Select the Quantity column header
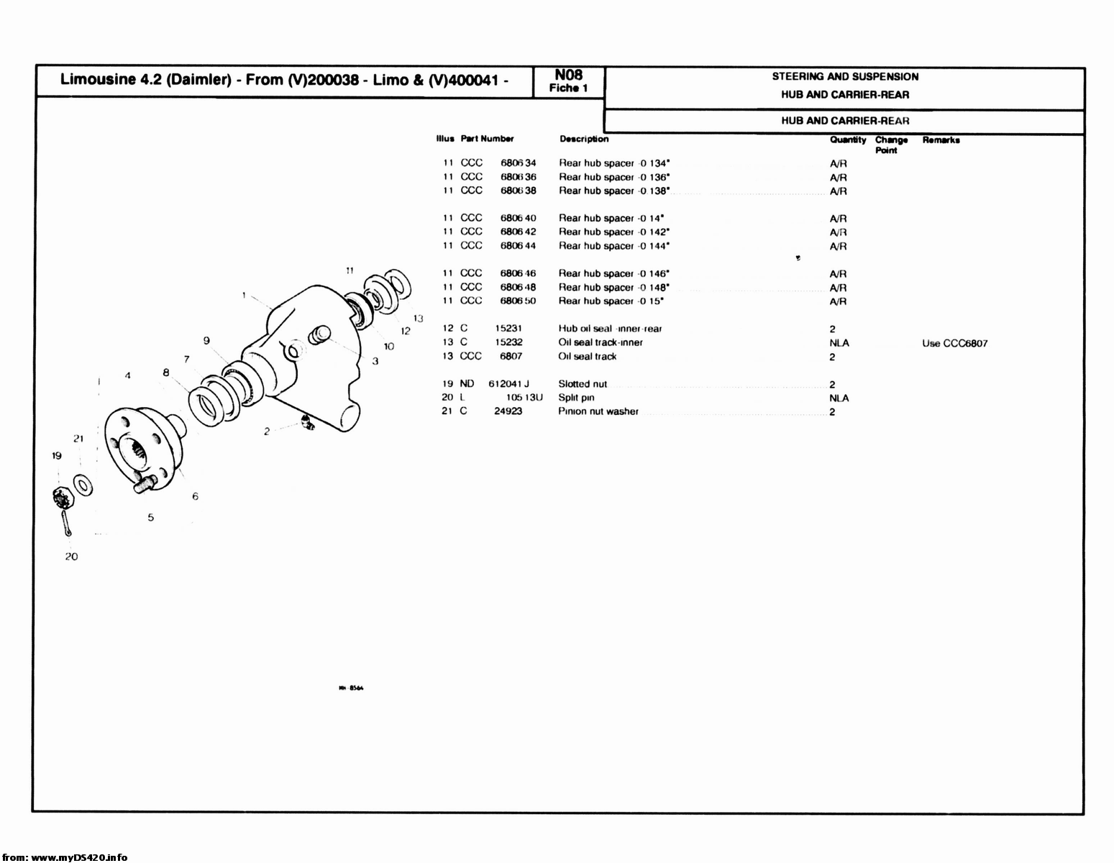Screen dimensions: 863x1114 pyautogui.click(x=847, y=140)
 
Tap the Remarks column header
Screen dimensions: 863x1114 pyautogui.click(x=941, y=140)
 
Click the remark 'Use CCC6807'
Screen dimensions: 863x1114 pyautogui.click(x=954, y=343)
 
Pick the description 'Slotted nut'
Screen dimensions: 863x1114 pyautogui.click(x=583, y=384)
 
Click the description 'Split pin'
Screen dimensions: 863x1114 pyautogui.click(x=576, y=398)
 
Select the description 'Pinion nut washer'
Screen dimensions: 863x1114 pyautogui.click(x=598, y=411)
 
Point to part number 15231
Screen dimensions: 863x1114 pyautogui.click(x=508, y=329)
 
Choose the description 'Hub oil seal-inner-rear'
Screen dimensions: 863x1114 pyautogui.click(x=610, y=329)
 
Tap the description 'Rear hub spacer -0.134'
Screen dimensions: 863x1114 pyautogui.click(x=614, y=163)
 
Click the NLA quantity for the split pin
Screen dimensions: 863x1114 pyautogui.click(x=839, y=398)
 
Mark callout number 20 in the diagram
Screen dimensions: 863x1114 pyautogui.click(x=71, y=556)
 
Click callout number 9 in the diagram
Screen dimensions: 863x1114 pyautogui.click(x=206, y=341)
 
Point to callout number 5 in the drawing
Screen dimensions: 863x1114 pyautogui.click(x=150, y=517)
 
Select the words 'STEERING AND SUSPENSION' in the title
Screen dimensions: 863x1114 pyautogui.click(x=845, y=76)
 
